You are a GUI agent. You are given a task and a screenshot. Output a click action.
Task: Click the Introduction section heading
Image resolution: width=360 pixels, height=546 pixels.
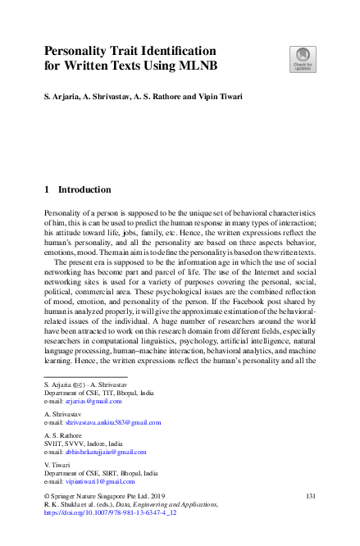84,189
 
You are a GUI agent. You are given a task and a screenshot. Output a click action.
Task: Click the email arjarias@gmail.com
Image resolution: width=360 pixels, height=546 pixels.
89,401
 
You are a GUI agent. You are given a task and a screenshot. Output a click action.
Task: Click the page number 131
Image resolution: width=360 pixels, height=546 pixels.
310,497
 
